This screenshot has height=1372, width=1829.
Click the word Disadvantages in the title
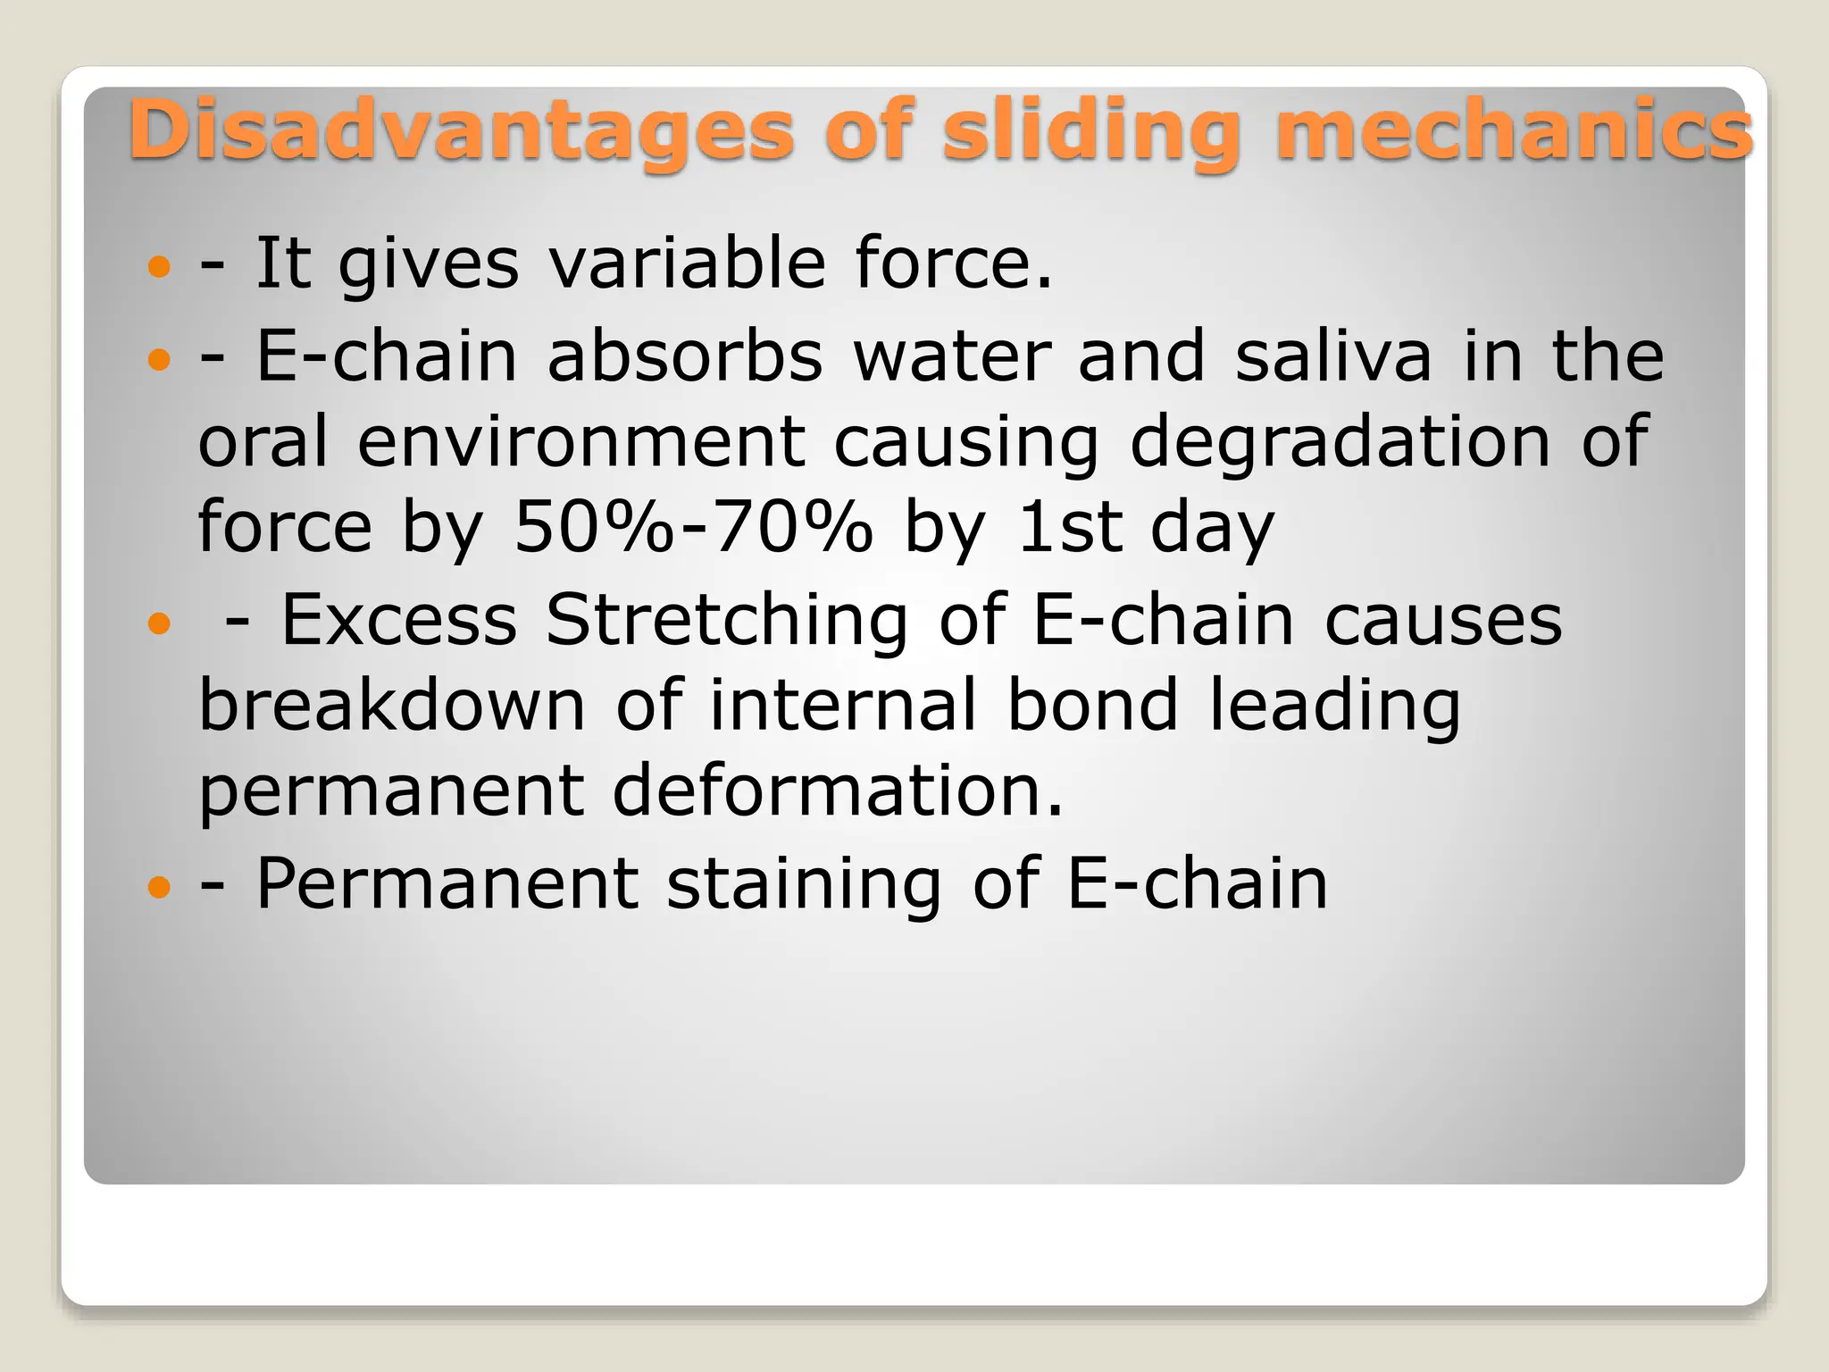460,132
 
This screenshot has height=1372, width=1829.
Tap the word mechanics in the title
1514,132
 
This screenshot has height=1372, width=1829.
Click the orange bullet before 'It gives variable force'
159,266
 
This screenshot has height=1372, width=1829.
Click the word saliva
1333,356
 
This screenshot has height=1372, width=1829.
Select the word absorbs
684,356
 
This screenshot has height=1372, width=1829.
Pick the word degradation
1340,442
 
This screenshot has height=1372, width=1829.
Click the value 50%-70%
693,527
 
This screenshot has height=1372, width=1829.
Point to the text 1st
1069,527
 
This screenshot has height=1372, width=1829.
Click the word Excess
399,620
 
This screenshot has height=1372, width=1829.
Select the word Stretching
726,620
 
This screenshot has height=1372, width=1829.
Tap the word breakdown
391,706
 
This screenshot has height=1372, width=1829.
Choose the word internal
843,706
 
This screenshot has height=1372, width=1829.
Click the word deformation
838,791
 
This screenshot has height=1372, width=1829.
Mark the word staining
804,884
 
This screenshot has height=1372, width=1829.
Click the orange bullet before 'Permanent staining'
159,887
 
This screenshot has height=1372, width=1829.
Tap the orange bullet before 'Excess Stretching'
159,623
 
